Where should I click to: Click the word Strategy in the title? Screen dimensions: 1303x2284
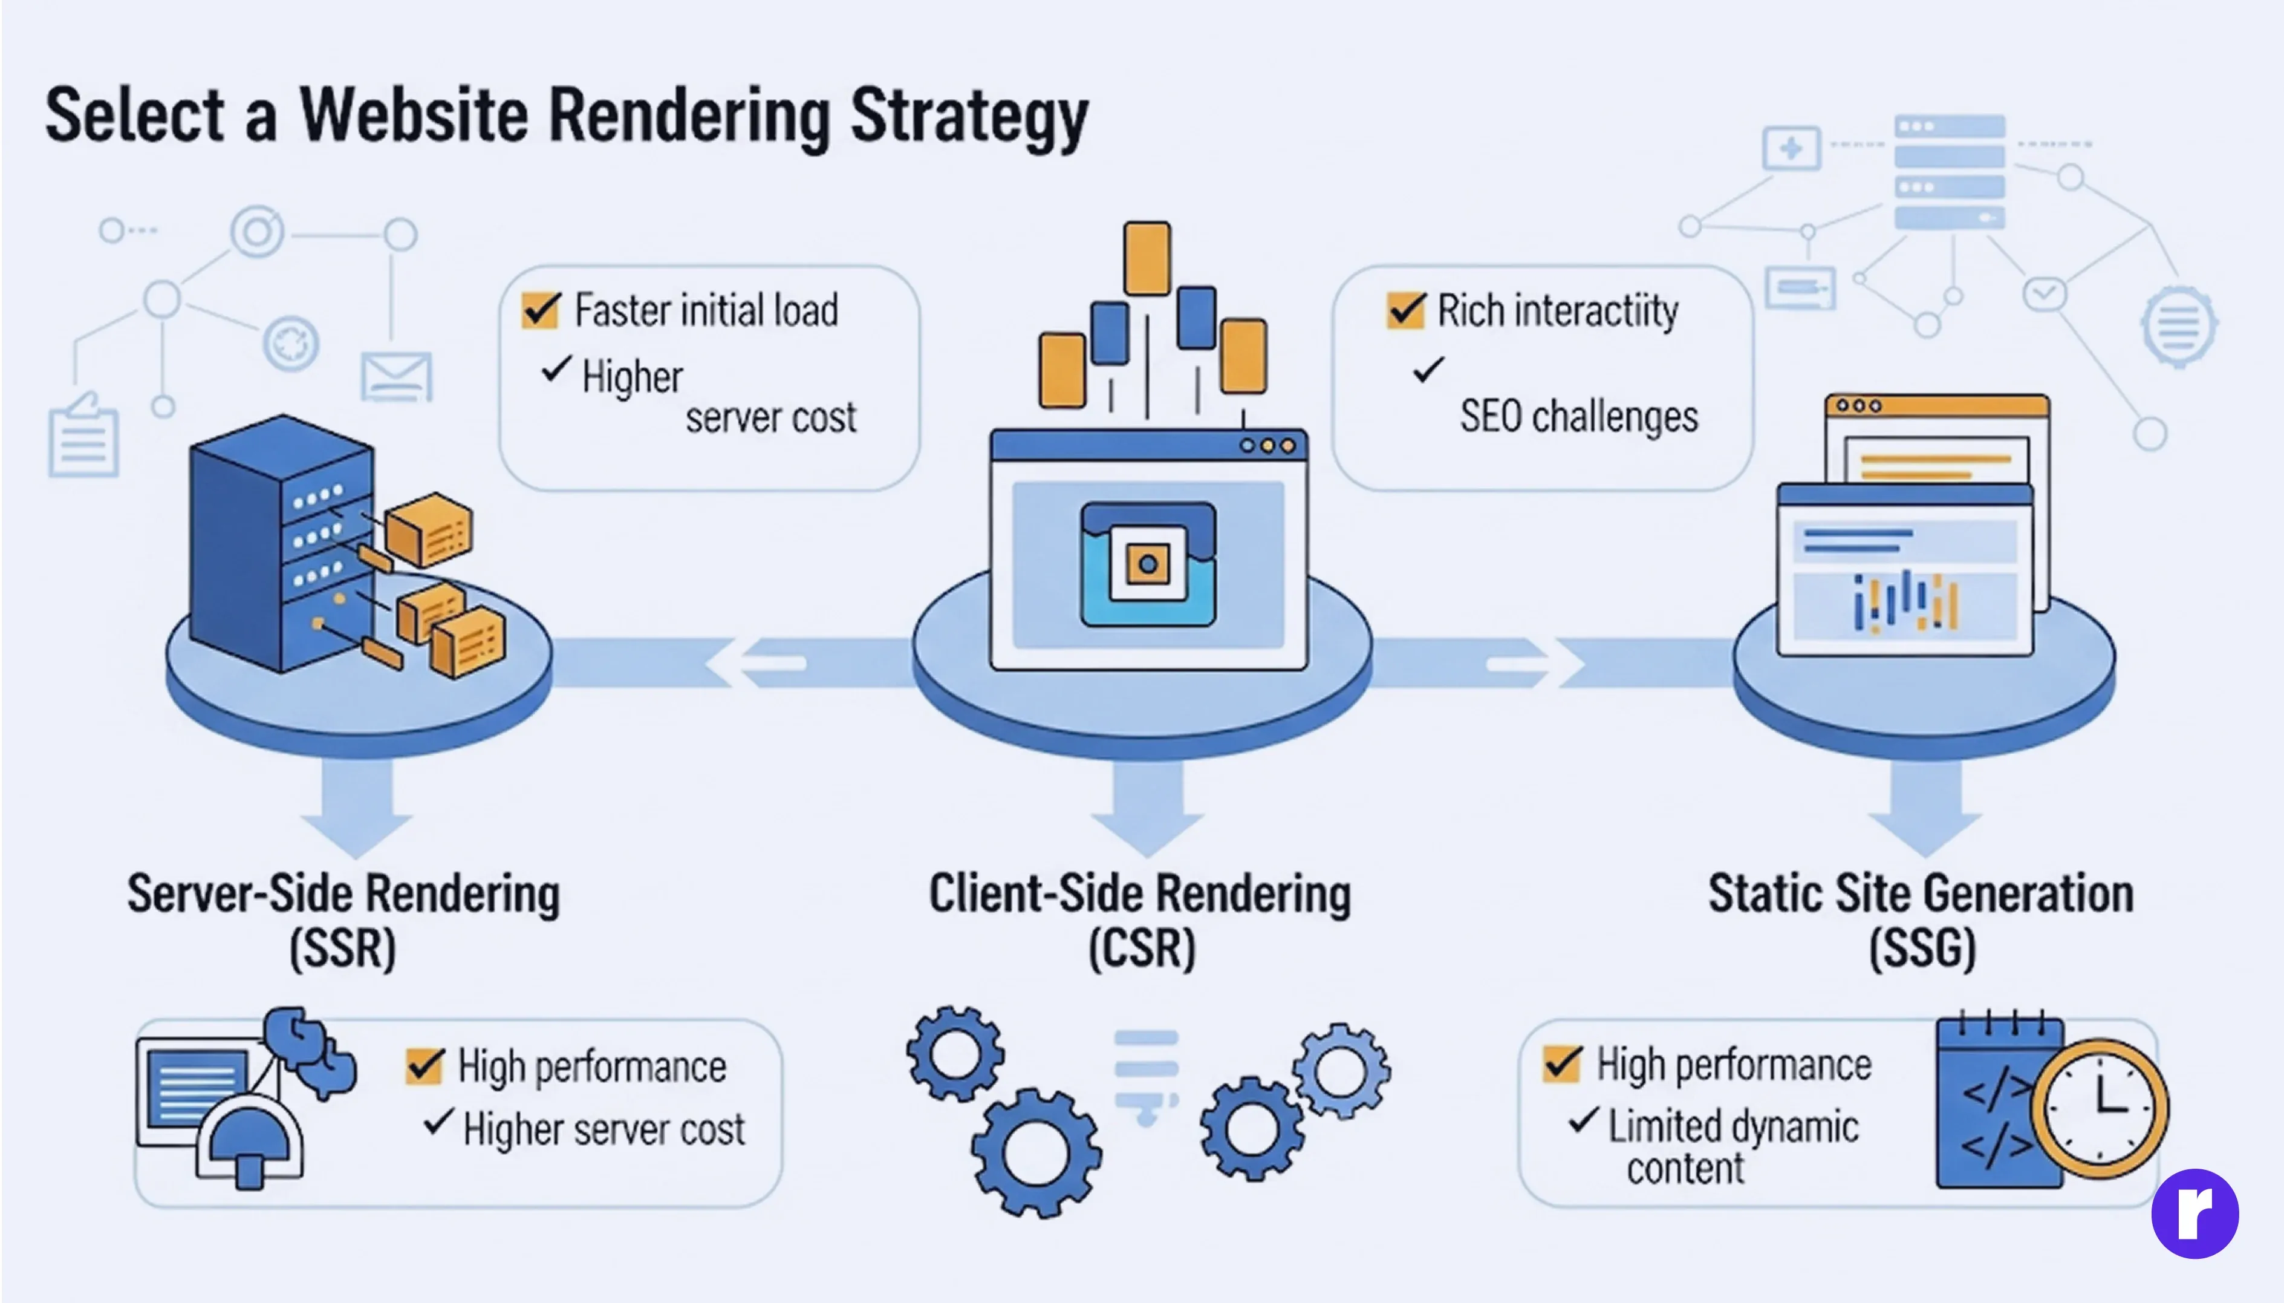pos(969,118)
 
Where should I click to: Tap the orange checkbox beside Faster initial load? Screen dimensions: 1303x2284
pos(541,310)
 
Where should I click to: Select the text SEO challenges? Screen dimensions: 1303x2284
pos(1578,417)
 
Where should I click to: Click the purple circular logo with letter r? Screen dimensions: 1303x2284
pos(2195,1213)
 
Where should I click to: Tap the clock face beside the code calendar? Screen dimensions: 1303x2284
pos(2099,1108)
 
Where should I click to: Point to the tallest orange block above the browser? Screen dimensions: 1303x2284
pos(1147,258)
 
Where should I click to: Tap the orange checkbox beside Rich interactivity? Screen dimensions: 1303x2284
pos(1405,310)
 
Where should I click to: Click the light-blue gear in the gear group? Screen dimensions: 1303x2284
pos(1342,1071)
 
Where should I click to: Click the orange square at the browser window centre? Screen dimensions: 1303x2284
pos(1148,564)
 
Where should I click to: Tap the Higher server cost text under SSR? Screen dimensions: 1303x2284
pos(604,1129)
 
